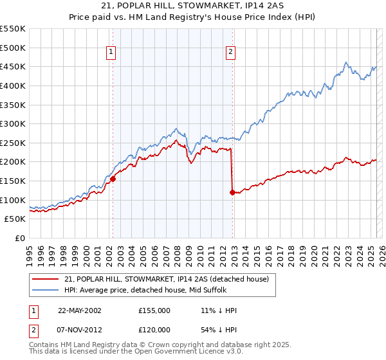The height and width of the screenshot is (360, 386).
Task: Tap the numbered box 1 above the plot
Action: [111, 53]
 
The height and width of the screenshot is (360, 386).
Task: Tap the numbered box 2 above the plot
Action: [230, 53]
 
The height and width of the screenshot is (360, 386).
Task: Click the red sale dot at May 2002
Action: [113, 179]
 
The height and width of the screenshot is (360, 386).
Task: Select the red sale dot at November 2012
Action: [232, 192]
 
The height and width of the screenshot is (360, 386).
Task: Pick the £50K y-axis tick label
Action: [15, 219]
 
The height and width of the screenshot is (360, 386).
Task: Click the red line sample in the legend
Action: [46, 279]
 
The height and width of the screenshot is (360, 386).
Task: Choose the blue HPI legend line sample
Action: [46, 290]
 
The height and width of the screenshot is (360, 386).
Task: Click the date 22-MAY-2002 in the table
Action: [80, 310]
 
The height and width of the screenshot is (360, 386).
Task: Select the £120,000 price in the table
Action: [154, 328]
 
